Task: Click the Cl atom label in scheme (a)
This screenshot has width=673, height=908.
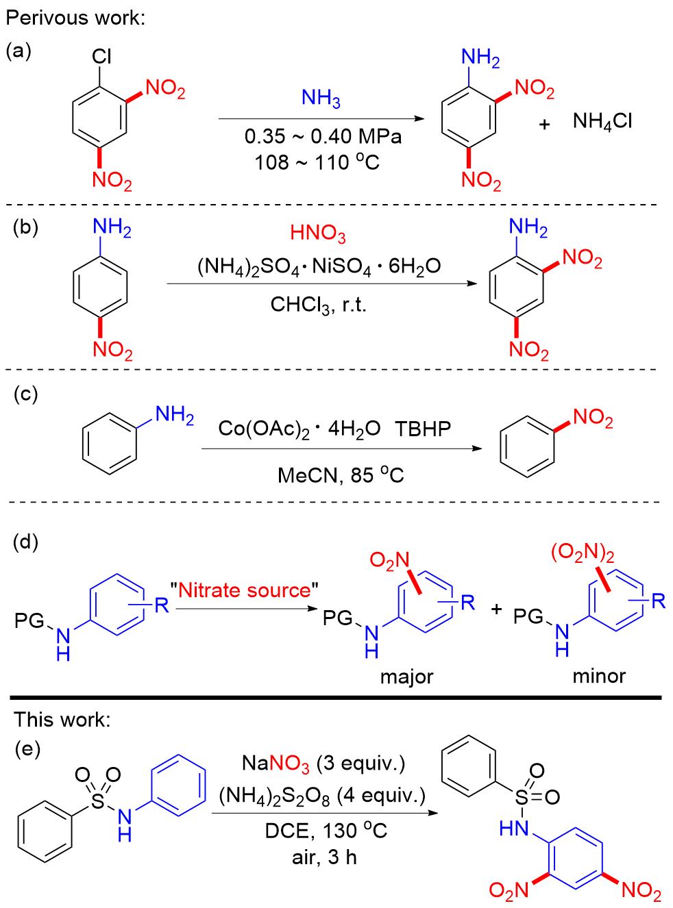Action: [102, 56]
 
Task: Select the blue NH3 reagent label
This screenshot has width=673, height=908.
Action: [321, 98]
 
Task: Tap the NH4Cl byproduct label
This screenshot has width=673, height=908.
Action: [602, 122]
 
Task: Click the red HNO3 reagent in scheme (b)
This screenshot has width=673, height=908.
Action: [318, 233]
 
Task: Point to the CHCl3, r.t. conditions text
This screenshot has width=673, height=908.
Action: [319, 305]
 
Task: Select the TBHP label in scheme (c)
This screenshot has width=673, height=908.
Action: [423, 429]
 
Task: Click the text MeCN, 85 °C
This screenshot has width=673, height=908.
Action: [341, 475]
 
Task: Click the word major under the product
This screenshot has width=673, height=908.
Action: [407, 677]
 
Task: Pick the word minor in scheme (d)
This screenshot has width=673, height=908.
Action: [599, 677]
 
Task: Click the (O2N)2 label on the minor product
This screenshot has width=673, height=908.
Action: [583, 553]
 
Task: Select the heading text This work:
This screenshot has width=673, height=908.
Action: [62, 720]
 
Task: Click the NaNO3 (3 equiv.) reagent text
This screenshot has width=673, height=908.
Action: [323, 764]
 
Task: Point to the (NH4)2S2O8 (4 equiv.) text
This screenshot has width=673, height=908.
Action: [322, 796]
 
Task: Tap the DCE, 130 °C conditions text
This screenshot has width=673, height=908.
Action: [326, 831]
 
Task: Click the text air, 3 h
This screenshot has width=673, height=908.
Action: [324, 857]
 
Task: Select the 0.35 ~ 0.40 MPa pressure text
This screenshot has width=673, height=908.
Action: [323, 136]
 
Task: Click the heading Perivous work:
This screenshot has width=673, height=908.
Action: [75, 17]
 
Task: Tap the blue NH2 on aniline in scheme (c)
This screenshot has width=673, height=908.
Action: [174, 415]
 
